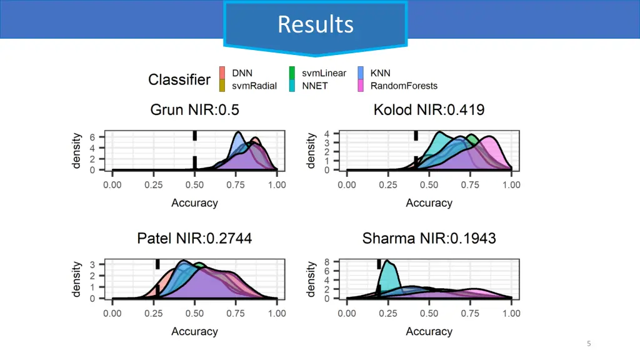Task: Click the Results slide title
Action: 316,24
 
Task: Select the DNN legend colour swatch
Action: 222,73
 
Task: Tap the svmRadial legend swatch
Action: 222,86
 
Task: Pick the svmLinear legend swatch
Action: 292,73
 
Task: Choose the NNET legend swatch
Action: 292,86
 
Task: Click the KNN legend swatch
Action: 361,73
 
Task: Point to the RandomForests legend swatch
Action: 361,86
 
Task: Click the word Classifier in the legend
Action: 179,80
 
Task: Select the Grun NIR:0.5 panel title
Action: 194,110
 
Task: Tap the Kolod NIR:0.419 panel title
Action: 429,110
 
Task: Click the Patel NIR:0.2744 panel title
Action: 194,238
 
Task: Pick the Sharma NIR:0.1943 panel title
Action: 429,238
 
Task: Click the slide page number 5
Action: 589,343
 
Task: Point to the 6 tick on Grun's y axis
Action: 92,137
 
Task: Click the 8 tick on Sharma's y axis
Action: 327,262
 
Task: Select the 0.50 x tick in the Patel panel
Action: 195,313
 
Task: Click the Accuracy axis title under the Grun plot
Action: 194,203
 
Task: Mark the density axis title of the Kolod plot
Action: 311,151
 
